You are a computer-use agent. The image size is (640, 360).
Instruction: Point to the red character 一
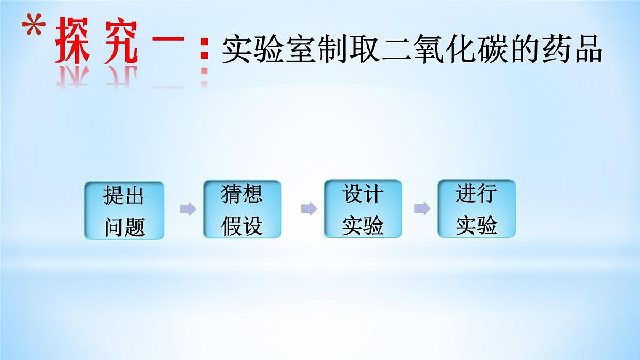click(x=170, y=44)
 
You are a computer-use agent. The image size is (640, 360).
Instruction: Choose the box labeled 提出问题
click(x=124, y=210)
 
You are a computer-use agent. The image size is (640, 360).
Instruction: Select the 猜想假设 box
click(x=242, y=209)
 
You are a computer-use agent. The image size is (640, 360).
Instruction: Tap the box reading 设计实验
click(x=363, y=209)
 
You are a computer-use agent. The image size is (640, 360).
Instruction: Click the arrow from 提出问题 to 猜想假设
click(x=187, y=209)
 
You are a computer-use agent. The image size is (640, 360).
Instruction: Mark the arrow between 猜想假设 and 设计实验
click(x=308, y=209)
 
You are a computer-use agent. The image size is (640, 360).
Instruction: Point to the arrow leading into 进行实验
click(x=422, y=209)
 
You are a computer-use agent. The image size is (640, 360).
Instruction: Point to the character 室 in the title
click(x=300, y=50)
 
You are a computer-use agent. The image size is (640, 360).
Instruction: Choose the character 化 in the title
click(x=461, y=50)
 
